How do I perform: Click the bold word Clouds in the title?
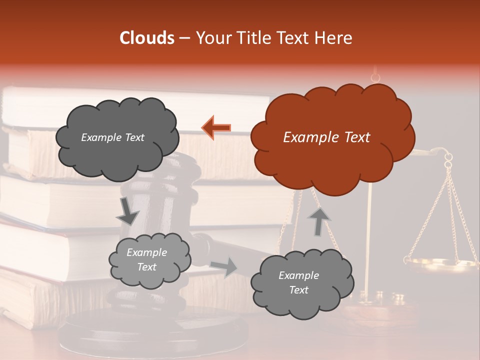146,38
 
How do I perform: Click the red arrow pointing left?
216,127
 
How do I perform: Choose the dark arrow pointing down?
127,210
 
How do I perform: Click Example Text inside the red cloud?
326,137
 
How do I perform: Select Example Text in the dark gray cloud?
112,137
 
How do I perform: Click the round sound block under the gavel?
155,330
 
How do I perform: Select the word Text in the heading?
295,38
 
